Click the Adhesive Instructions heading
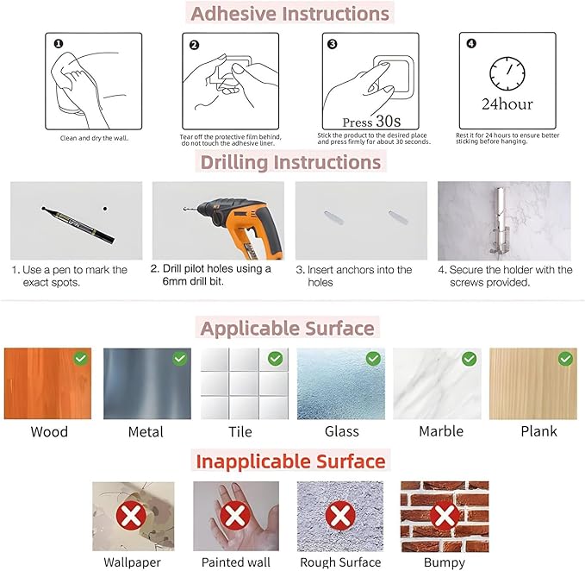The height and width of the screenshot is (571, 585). [289, 14]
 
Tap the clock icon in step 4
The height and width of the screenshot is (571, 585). [507, 73]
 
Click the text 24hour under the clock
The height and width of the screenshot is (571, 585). [507, 104]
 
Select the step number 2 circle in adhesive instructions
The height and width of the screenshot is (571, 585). [194, 45]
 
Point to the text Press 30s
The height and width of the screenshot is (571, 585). [371, 122]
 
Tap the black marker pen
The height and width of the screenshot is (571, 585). [78, 224]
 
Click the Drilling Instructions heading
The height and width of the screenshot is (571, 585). [290, 162]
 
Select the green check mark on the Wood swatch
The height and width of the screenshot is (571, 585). [81, 359]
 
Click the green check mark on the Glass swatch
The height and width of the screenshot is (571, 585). [373, 359]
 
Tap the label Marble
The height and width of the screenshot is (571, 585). [441, 431]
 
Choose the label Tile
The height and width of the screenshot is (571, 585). [240, 432]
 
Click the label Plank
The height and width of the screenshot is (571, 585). [538, 431]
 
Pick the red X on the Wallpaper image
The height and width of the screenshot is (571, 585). [131, 516]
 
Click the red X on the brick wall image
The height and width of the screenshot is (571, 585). [445, 516]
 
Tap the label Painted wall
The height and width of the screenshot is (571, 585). [236, 562]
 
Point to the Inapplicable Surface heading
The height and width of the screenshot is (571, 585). [290, 461]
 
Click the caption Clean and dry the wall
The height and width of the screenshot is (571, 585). [95, 138]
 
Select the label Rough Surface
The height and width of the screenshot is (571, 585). [340, 562]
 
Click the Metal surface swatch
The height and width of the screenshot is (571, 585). [147, 384]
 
